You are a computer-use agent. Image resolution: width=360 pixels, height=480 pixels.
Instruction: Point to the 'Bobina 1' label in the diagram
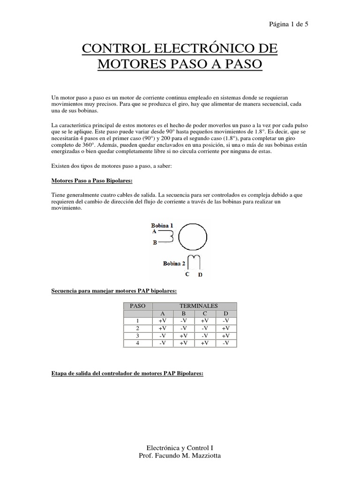coord(162,225)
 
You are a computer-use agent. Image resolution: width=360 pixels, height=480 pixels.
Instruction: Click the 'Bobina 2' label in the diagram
coord(174,263)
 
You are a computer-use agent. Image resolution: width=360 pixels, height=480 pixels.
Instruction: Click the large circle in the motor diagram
coord(192,238)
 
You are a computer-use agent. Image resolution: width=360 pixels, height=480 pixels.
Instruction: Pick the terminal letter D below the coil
coord(200,275)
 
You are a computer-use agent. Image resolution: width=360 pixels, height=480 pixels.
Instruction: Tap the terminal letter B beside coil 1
coord(155,243)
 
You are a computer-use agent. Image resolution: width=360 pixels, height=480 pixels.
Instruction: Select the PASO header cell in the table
coord(138,306)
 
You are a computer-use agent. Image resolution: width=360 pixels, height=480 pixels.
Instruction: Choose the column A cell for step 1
coord(163,321)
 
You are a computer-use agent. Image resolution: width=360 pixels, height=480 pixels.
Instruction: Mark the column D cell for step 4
coord(226,343)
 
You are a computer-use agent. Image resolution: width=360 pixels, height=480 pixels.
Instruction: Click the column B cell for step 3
coord(184,336)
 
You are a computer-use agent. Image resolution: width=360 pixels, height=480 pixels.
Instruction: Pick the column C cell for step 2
coord(205,328)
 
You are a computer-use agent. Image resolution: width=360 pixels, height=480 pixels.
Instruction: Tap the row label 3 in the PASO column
coord(138,336)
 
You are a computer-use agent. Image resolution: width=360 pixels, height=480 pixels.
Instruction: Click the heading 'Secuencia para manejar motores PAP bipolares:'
coord(113,291)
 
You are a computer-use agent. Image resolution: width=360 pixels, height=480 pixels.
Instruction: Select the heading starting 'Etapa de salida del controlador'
coord(127,374)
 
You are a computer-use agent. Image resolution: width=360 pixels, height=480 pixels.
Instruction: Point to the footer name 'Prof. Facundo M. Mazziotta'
coord(180,456)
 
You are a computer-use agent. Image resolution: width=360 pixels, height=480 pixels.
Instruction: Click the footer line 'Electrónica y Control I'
coord(180,448)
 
